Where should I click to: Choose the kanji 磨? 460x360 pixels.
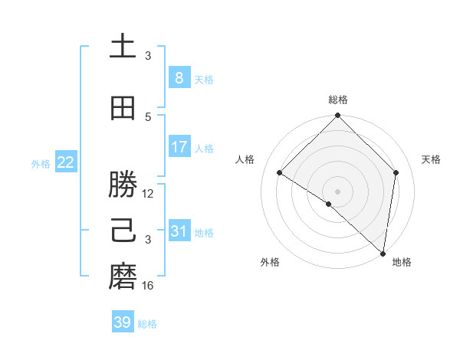(x=123, y=277)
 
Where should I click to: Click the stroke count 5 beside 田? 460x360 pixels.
(x=148, y=117)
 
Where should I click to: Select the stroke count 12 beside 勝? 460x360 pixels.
(x=148, y=194)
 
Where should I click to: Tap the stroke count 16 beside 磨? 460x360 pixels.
(x=148, y=286)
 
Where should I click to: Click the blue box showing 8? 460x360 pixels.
(x=179, y=78)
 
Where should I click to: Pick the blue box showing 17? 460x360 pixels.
(x=179, y=147)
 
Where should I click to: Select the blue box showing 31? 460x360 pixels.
(x=179, y=231)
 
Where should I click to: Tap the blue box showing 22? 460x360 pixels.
(x=66, y=162)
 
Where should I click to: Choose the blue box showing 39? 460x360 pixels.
(x=123, y=322)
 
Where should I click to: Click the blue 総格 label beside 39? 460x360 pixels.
(x=147, y=324)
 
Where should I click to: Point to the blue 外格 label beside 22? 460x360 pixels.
(x=41, y=163)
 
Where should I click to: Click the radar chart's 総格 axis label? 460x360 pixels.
(x=338, y=100)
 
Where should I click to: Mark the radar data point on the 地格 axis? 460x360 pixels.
(x=383, y=253)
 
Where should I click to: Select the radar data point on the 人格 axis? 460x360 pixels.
(x=280, y=172)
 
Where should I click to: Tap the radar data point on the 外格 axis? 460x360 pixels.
(x=329, y=204)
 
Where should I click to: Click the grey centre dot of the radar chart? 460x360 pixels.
(x=338, y=191)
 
